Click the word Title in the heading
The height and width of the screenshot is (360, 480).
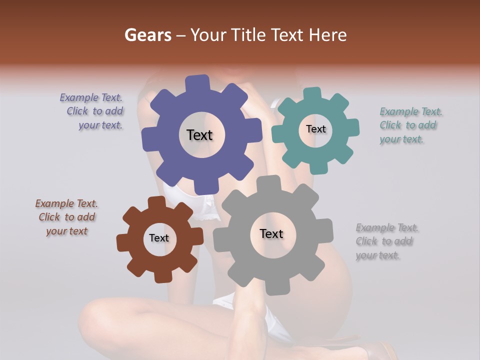point(249,35)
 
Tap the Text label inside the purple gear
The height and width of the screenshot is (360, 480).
point(199,135)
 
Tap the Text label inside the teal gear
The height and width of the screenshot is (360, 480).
point(315,129)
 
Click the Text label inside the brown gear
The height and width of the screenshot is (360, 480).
point(158,238)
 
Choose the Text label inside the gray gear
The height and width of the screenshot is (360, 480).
point(271,233)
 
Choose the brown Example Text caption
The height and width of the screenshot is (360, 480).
point(66,217)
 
